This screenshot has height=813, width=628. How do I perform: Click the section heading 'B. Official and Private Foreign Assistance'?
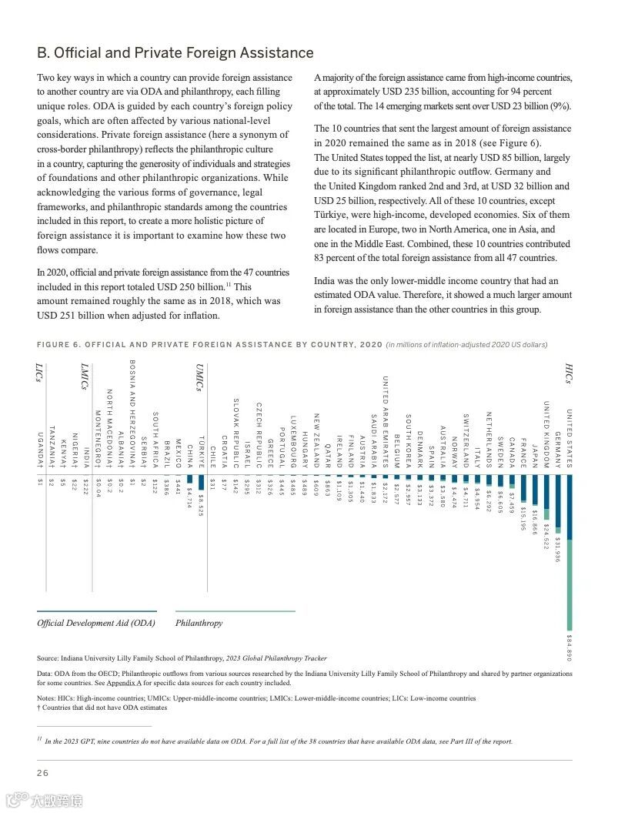point(175,53)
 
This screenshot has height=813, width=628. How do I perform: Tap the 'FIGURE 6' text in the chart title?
point(62,344)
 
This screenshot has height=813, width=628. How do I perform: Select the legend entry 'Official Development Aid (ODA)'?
point(96,623)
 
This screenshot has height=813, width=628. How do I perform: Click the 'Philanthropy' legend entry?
point(199,623)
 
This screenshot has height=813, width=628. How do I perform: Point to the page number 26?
point(42,772)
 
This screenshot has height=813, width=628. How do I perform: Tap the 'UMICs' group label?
point(199,378)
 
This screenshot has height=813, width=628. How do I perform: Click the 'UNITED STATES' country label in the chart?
point(570,438)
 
